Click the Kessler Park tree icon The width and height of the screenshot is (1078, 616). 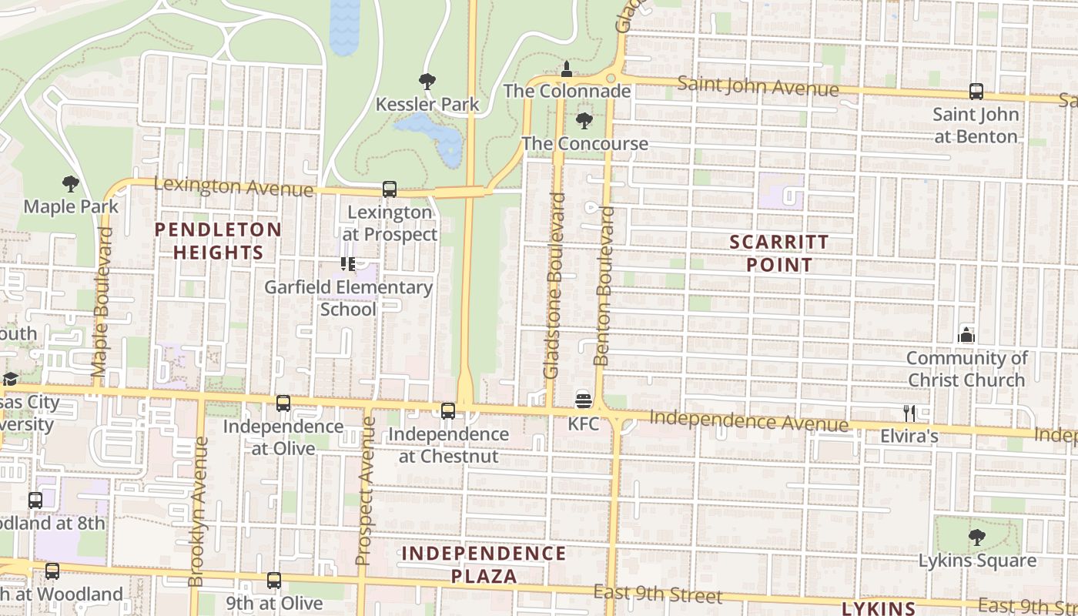[x=427, y=82]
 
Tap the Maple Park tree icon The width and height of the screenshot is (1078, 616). [x=71, y=184]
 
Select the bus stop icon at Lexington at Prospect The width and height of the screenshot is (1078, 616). [x=390, y=189]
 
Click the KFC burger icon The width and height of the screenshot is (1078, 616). [x=583, y=400]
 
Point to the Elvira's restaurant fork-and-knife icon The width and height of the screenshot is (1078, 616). [x=909, y=413]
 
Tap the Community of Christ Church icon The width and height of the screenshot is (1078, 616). [x=966, y=335]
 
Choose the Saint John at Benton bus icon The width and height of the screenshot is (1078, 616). [x=976, y=92]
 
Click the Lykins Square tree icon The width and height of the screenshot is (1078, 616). [x=976, y=537]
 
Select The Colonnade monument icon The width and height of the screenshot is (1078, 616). [x=567, y=69]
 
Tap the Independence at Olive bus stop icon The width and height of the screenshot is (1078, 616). [x=283, y=403]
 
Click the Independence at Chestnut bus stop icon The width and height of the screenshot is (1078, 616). [x=448, y=411]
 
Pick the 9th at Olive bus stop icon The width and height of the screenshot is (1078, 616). [x=274, y=581]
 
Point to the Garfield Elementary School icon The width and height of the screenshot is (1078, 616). [x=348, y=265]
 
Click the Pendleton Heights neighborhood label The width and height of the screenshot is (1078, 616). [x=218, y=241]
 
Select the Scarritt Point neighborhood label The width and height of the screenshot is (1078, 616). [x=779, y=253]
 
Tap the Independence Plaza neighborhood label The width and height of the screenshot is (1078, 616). [x=484, y=564]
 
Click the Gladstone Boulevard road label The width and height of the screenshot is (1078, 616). [x=555, y=285]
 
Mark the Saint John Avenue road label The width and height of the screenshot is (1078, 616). [x=758, y=86]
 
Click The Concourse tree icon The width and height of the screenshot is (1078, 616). [x=584, y=121]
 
